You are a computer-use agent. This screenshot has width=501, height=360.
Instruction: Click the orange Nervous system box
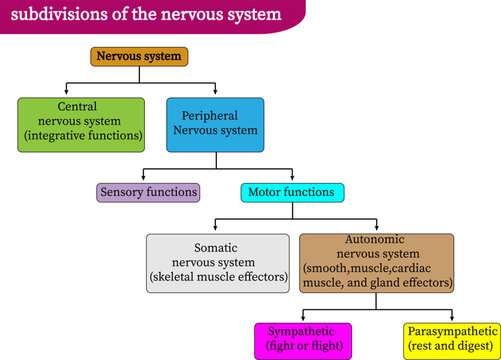[138, 57]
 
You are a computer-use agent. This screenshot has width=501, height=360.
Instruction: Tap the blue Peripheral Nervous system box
[215, 124]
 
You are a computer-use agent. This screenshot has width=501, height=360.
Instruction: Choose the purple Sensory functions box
[148, 191]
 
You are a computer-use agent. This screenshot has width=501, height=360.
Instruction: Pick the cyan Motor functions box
[292, 191]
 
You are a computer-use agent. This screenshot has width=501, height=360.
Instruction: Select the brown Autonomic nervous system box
[376, 263]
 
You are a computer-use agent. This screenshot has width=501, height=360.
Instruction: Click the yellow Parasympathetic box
[451, 339]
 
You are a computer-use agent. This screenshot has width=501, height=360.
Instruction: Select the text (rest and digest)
[451, 347]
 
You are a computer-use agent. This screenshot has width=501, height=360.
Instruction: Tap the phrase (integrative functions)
[82, 134]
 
